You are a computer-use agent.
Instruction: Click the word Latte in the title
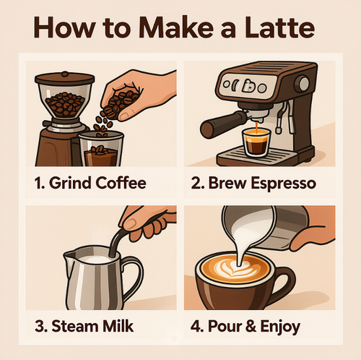[x=279, y=27]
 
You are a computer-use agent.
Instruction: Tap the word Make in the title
[x=176, y=27]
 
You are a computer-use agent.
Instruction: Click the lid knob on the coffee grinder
[x=65, y=74]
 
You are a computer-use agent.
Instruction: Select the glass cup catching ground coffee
[x=101, y=148]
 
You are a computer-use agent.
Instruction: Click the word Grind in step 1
[x=70, y=183]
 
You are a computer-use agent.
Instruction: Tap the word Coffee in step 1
[x=121, y=183]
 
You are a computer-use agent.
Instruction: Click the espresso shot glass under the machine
[x=256, y=142]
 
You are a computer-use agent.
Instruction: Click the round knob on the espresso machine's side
[x=303, y=84]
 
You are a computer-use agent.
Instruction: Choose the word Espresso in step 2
[x=284, y=184]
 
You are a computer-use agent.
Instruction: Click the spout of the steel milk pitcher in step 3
[x=69, y=255]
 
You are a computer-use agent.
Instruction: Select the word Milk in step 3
[x=118, y=326]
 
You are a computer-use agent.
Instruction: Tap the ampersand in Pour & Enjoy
[x=251, y=326]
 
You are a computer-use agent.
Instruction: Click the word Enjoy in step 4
[x=280, y=327]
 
